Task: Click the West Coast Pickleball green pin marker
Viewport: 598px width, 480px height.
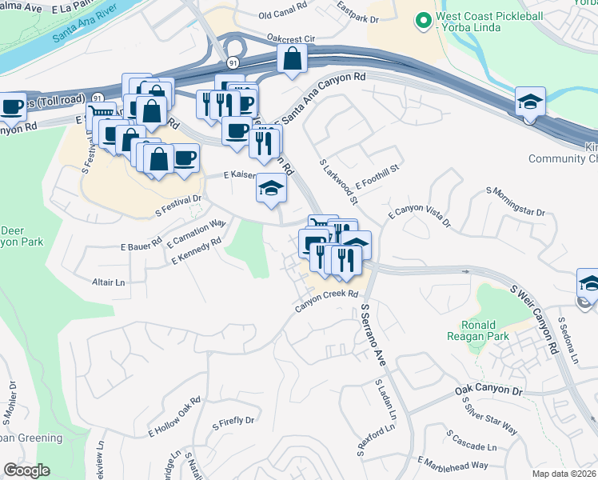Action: pyautogui.click(x=423, y=20)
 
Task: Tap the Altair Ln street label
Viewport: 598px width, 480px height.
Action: pyautogui.click(x=110, y=282)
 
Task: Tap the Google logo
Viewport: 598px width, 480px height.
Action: pyautogui.click(x=27, y=470)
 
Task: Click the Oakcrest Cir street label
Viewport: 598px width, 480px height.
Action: pyautogui.click(x=291, y=38)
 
